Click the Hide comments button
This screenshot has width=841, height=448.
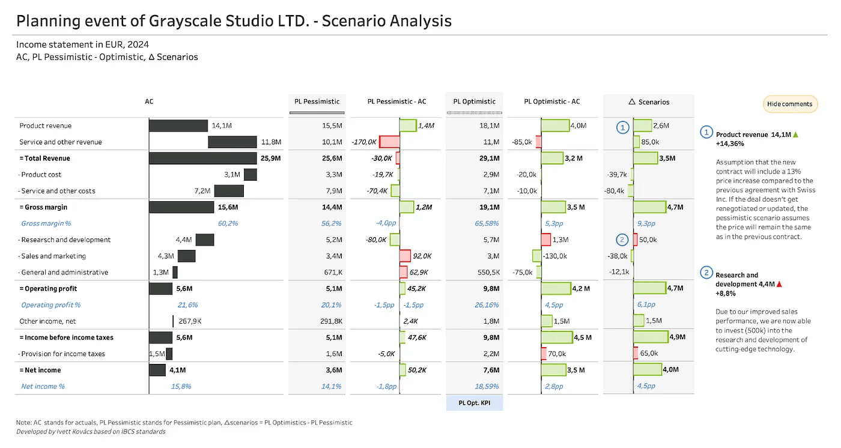790,104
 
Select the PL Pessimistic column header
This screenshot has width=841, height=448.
317,101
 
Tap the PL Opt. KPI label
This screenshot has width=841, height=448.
474,402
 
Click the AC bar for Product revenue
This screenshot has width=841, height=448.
178,126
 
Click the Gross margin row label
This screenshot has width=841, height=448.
46,207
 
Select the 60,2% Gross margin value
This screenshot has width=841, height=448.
228,223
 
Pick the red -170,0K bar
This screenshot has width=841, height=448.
389,142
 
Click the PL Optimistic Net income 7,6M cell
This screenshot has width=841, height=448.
490,370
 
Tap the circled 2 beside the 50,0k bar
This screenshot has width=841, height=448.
622,240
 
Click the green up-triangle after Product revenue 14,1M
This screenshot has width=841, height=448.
796,135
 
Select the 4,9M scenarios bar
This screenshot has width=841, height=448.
651,337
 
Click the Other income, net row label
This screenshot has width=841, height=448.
48,321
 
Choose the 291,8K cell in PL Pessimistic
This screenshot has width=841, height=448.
330,321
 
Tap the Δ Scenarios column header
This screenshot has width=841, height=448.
648,101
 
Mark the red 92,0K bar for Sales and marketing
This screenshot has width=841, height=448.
405,256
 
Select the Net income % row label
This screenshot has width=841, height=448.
43,386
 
